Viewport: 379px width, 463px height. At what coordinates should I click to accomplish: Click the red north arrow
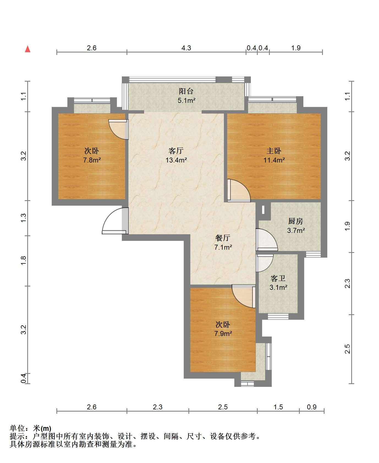tap(28, 49)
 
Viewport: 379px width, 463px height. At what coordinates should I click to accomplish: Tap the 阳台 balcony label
tap(186, 91)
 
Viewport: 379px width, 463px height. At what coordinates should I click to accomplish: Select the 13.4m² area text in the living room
tap(176, 160)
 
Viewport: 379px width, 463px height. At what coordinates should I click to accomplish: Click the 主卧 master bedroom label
tap(274, 151)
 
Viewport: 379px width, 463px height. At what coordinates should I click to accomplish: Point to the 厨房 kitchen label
tap(296, 221)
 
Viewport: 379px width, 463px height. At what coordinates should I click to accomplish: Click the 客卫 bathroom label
tap(278, 279)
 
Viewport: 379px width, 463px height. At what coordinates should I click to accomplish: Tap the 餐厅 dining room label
tap(223, 238)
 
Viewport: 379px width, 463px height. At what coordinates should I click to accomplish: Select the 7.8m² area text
tap(92, 160)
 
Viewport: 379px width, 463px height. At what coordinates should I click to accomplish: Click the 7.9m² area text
tap(223, 334)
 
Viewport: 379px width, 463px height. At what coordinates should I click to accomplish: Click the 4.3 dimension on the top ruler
tap(186, 48)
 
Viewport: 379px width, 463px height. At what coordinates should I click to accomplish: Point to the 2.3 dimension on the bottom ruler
tap(158, 407)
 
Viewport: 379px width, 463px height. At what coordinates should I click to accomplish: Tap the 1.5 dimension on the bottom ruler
tap(278, 407)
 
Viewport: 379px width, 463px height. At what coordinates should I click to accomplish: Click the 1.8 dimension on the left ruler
tap(24, 260)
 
